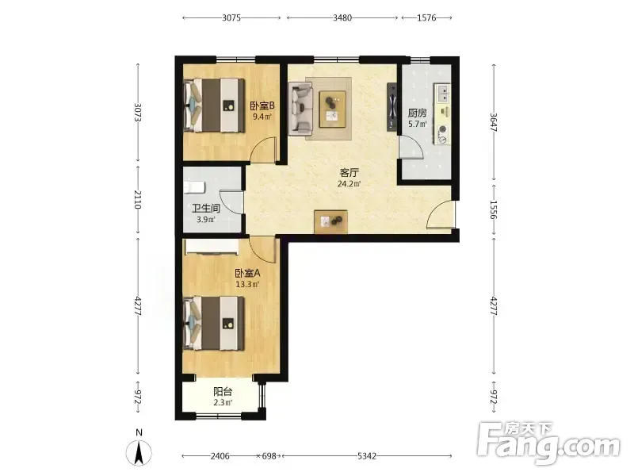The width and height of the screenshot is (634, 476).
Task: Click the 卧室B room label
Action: tap(262, 106)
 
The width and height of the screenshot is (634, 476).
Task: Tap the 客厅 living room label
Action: tap(349, 173)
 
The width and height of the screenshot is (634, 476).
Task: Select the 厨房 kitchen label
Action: tap(418, 113)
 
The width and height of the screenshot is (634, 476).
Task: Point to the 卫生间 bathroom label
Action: tap(206, 209)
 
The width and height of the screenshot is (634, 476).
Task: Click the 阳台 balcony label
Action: tap(223, 391)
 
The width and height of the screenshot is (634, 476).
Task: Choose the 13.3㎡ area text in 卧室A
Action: tap(247, 284)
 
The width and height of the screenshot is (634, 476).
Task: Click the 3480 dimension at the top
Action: tap(342, 17)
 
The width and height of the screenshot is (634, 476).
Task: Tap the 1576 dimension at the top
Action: tap(426, 17)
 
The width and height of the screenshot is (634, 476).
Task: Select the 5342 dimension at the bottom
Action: tap(367, 456)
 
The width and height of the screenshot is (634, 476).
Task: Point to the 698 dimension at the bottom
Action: tap(269, 456)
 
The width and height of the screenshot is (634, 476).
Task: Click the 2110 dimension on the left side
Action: tap(137, 200)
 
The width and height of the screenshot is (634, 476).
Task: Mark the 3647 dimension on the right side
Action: tap(494, 122)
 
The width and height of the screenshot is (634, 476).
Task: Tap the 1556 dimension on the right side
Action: tap(494, 209)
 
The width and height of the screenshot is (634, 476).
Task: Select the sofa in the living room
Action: tap(300, 109)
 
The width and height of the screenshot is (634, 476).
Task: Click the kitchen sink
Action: tap(443, 93)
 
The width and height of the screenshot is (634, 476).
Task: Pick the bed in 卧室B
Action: tap(214, 106)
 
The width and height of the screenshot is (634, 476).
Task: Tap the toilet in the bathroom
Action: tap(194, 187)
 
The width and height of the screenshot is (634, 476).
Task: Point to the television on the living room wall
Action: tap(391, 107)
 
